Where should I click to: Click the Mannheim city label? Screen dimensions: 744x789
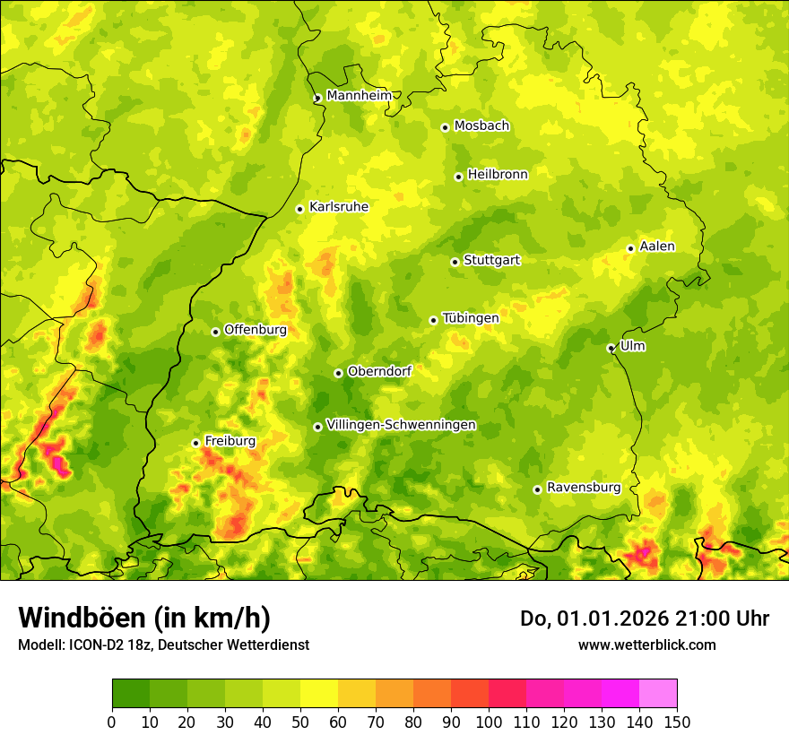pyautogui.click(x=359, y=96)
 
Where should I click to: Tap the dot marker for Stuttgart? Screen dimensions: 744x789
pyautogui.click(x=455, y=262)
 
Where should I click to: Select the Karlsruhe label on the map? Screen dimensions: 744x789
pyautogui.click(x=338, y=207)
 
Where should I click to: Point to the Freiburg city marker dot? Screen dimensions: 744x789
pyautogui.click(x=195, y=443)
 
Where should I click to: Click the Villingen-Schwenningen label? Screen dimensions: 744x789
pyautogui.click(x=401, y=425)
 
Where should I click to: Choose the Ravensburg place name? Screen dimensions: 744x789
pyautogui.click(x=583, y=488)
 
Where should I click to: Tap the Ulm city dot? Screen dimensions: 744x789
pyautogui.click(x=611, y=348)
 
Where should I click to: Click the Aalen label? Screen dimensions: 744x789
pyautogui.click(x=656, y=247)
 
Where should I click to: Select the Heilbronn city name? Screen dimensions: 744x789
pyautogui.click(x=497, y=175)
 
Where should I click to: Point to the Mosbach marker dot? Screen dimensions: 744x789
pyautogui.click(x=445, y=127)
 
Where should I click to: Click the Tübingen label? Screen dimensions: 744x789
pyautogui.click(x=470, y=318)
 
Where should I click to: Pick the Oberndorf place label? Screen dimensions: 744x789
pyautogui.click(x=379, y=371)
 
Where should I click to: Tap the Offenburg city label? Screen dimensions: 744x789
pyautogui.click(x=255, y=330)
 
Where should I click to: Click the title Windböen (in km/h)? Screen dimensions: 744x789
pyautogui.click(x=144, y=618)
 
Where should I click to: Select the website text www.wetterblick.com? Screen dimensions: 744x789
pyautogui.click(x=646, y=645)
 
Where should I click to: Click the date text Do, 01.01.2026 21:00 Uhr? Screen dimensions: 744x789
pyautogui.click(x=644, y=619)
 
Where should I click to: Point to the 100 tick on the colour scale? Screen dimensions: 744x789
pyautogui.click(x=489, y=722)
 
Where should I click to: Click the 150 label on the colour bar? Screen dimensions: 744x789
pyautogui.click(x=677, y=722)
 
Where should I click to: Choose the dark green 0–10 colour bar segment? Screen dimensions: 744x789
pyautogui.click(x=131, y=693)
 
